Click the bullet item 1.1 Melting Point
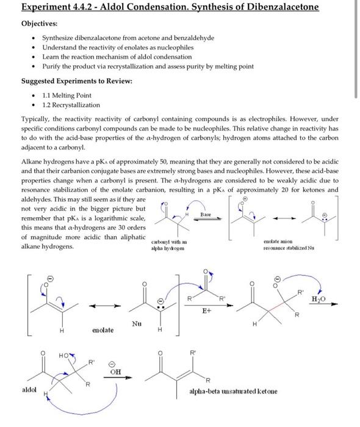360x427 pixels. [67, 95]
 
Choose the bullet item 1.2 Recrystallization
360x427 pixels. [71, 105]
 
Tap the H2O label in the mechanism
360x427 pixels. [319, 298]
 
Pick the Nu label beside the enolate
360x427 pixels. [137, 324]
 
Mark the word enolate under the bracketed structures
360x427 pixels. [103, 330]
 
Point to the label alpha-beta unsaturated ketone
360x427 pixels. [233, 391]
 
